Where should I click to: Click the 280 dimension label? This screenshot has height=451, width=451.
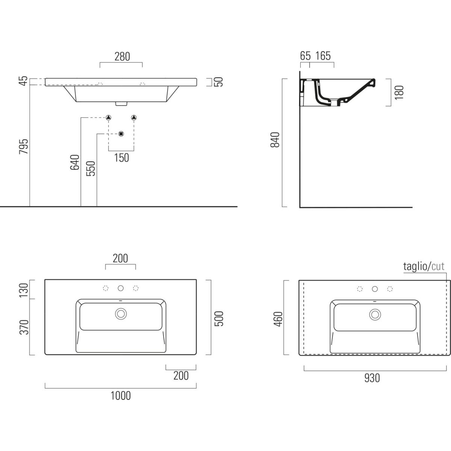point(122,57)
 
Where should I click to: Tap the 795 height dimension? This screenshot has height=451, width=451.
point(24,147)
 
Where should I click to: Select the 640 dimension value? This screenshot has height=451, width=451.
point(75,162)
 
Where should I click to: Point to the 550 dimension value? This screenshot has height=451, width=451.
point(91,168)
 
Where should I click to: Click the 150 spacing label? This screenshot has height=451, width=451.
point(121,158)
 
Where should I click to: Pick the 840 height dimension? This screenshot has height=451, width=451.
point(275,140)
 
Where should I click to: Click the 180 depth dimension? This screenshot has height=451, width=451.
point(399,92)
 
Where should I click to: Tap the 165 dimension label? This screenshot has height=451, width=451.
point(323,56)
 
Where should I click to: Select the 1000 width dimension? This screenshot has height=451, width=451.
point(121,396)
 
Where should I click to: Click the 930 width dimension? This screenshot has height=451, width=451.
point(372,378)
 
